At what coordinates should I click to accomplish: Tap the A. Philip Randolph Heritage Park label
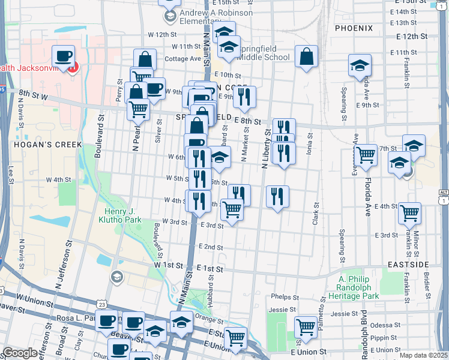coord(358,287)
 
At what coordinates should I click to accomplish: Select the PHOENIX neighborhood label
coord(354,28)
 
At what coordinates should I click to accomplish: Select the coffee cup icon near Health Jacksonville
coord(63,57)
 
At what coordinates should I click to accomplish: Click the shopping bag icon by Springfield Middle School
coord(306,57)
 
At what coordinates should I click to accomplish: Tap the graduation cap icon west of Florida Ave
coord(360,65)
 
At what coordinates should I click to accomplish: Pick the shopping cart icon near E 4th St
coord(409,212)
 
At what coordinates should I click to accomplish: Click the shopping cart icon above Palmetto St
coord(306,327)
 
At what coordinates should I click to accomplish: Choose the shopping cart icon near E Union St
coord(235,338)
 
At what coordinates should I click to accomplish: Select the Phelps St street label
coord(284,297)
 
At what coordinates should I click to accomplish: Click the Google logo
coord(20,353)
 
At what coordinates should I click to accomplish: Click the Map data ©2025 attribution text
coord(423,355)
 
